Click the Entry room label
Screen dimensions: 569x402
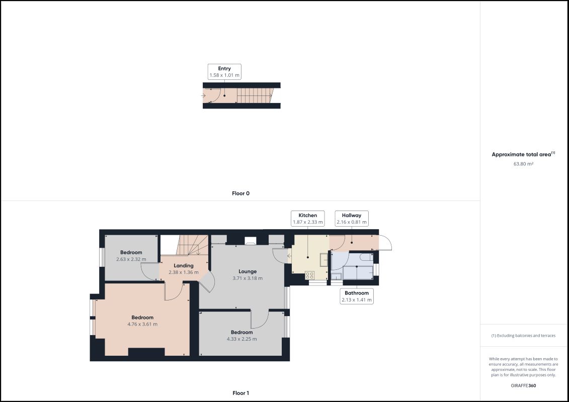(224, 68)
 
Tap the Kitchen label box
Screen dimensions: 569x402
(308, 219)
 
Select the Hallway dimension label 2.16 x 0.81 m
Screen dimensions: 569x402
(351, 222)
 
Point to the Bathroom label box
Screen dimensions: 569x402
(357, 296)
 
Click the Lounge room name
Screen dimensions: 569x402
(248, 271)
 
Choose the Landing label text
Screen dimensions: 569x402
(184, 266)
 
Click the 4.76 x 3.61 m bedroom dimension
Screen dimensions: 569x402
(142, 325)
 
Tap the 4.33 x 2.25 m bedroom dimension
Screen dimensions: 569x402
(241, 339)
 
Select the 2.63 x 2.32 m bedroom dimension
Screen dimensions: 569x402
(131, 260)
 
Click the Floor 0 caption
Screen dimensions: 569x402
(240, 193)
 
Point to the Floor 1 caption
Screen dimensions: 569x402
(240, 393)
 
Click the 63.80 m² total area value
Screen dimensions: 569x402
(523, 164)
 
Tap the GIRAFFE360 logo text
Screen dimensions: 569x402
(523, 386)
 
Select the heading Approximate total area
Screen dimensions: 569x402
(521, 154)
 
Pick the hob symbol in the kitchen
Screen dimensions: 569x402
(309, 275)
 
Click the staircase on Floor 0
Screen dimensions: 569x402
(254, 95)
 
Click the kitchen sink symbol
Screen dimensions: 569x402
(323, 260)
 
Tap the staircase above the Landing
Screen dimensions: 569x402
(192, 245)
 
